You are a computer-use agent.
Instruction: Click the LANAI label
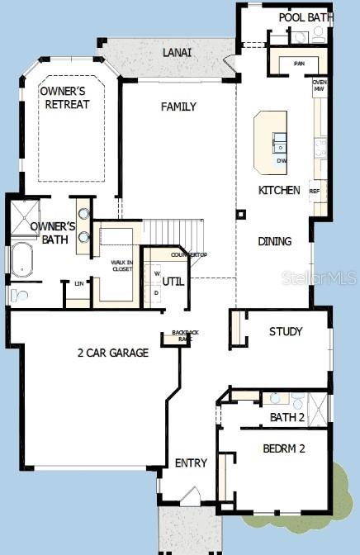(x=178, y=53)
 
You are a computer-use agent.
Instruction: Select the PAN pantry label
(x=299, y=63)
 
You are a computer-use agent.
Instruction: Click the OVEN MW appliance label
(x=320, y=86)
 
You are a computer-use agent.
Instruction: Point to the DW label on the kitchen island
(x=282, y=160)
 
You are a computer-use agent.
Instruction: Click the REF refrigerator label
(x=315, y=191)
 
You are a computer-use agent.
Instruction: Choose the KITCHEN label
(x=279, y=190)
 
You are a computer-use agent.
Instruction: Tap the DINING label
(x=274, y=242)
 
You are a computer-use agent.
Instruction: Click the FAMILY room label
(x=178, y=107)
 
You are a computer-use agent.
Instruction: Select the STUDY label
(x=286, y=332)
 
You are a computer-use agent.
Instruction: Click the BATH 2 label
(x=287, y=418)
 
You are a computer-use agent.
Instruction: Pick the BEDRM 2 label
(x=284, y=448)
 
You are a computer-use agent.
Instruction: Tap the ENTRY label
(x=192, y=463)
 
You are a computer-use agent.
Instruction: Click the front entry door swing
(x=190, y=496)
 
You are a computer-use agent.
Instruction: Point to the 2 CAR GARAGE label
(x=113, y=353)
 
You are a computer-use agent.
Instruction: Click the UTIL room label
(x=173, y=282)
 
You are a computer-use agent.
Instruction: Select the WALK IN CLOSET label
(x=121, y=265)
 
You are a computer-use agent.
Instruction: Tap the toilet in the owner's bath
(x=19, y=295)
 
